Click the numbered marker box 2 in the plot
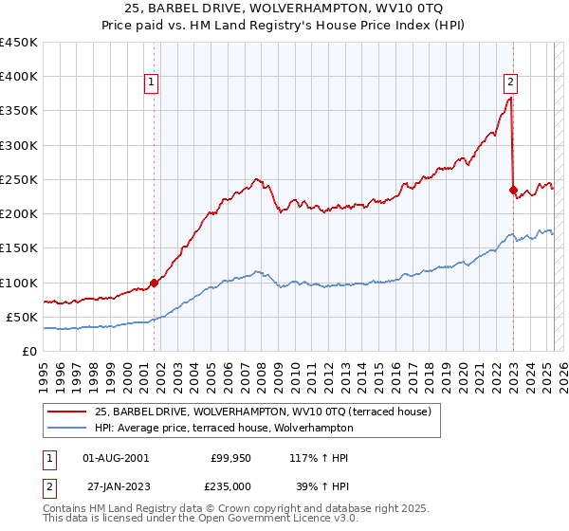point(510,82)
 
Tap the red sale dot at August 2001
point(154,283)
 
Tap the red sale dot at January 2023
point(513,190)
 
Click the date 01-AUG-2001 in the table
point(116,458)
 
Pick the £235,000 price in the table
point(230,485)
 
